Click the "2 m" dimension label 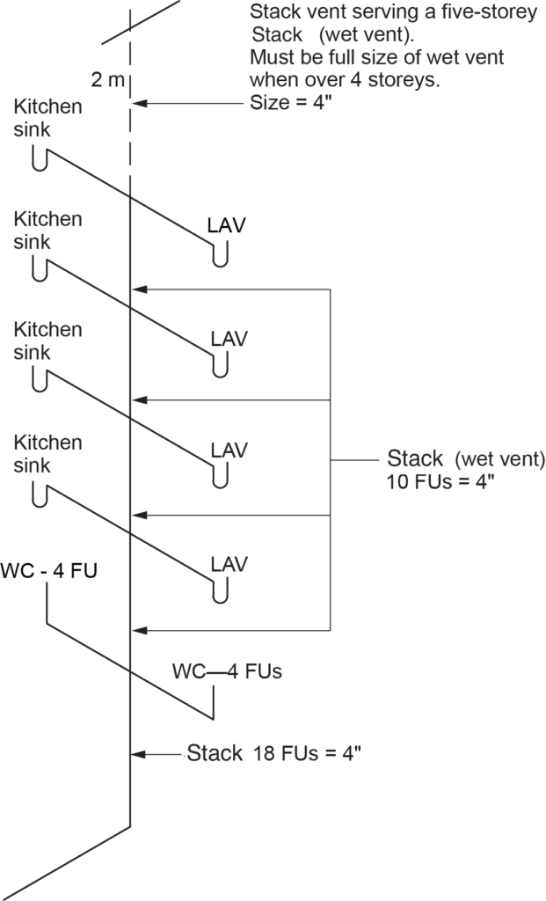pos(108,80)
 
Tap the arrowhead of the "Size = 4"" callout pos(137,103)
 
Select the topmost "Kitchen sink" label pos(48,119)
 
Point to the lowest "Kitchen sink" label pos(48,454)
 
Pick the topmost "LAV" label pos(226,225)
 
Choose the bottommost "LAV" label pos(229,563)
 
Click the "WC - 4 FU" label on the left pos(49,571)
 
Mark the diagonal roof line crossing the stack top pos(141,22)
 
